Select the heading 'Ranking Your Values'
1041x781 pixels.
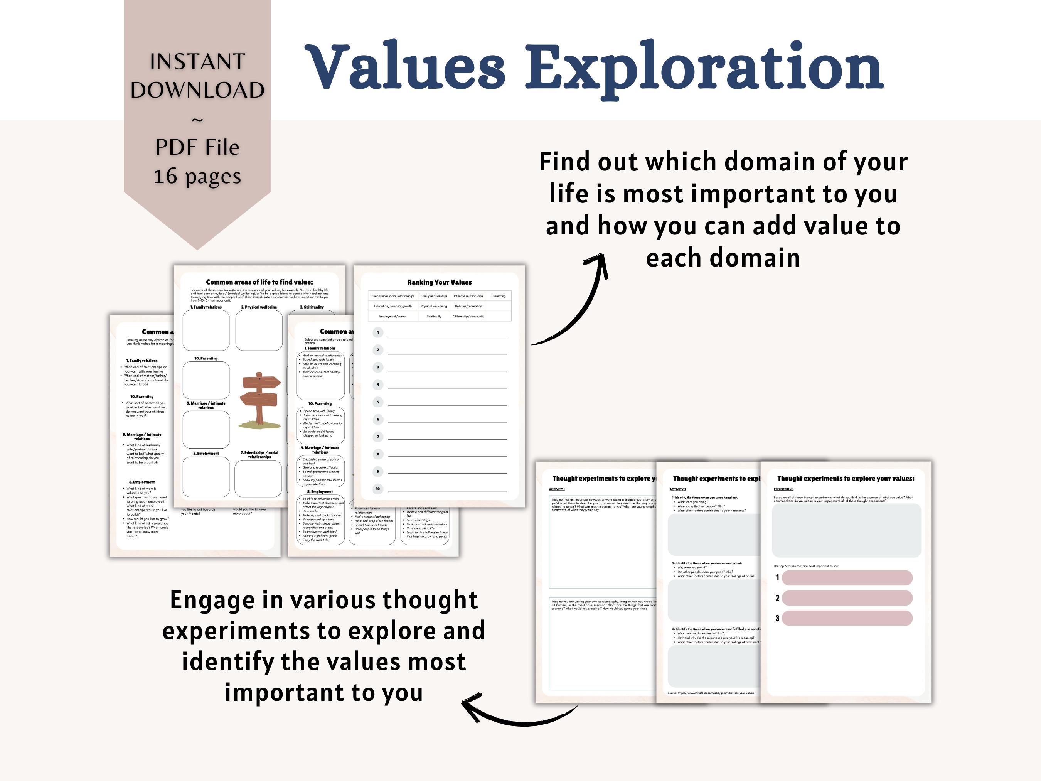tap(439, 282)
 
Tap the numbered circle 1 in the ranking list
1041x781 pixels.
tap(377, 332)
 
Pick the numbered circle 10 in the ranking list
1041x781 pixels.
tap(377, 489)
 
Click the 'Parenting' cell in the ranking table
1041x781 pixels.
tap(499, 296)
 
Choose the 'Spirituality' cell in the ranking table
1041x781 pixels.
tap(433, 316)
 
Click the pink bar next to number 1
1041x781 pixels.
tap(847, 578)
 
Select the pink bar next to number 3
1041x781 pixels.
tap(847, 618)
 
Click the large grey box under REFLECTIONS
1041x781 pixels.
tap(846, 531)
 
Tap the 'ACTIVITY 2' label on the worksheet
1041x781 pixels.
tap(678, 489)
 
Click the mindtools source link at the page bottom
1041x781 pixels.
tap(715, 693)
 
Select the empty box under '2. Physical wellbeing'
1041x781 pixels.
tap(259, 331)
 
